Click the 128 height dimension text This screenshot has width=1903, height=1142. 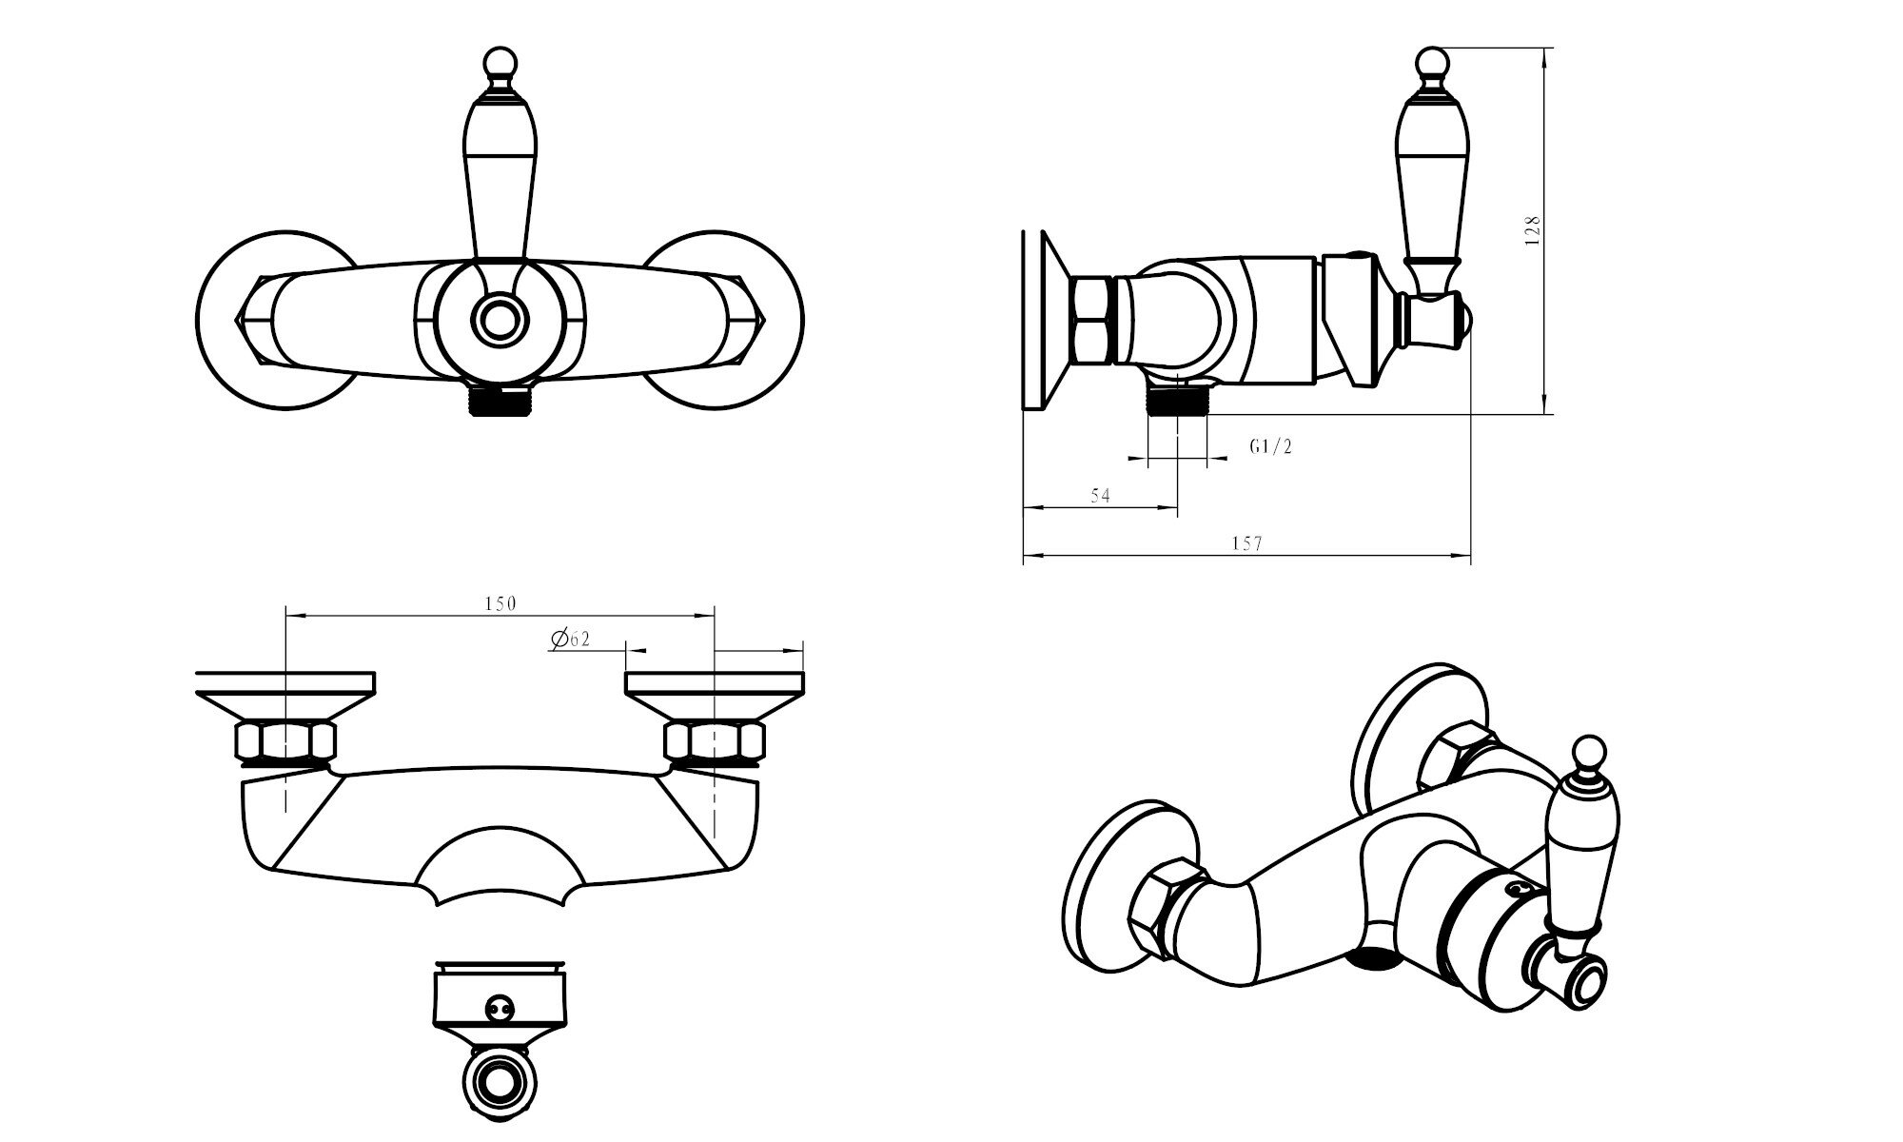(1531, 231)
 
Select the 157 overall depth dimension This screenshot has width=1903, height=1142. (1246, 543)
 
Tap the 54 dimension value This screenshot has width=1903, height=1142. (1100, 496)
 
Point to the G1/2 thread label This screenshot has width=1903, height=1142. (1271, 446)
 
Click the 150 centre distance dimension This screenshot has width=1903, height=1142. (500, 603)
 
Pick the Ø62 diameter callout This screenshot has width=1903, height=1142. (570, 639)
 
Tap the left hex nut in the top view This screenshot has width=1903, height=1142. (284, 741)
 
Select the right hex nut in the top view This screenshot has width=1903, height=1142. (714, 741)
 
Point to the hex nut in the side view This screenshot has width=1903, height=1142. (1091, 320)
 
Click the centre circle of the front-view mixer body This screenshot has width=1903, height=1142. (500, 320)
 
